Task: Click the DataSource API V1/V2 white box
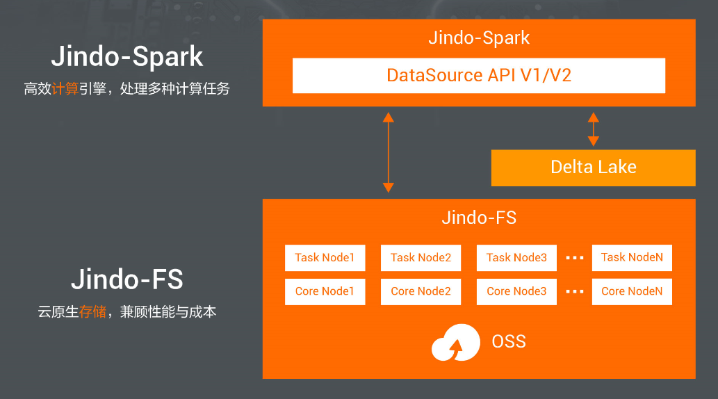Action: coord(479,75)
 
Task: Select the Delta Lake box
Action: coord(593,168)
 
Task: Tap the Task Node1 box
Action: coord(325,258)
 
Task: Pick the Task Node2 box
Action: coord(421,258)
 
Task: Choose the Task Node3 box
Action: coord(516,258)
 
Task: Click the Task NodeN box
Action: coord(632,258)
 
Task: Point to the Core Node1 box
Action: coord(325,291)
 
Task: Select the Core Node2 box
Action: coord(421,291)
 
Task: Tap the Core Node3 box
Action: coord(516,291)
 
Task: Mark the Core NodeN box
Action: coord(632,291)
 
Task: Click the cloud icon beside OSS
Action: coord(456,343)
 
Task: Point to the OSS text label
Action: coord(509,342)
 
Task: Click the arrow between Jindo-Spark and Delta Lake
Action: coord(593,129)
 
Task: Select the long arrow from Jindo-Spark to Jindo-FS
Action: coord(389,152)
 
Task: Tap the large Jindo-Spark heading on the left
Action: coord(127,56)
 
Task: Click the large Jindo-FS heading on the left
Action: coord(127,279)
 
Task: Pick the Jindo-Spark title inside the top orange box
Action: coord(479,38)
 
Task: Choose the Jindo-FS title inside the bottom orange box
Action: coord(479,218)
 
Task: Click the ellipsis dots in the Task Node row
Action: coord(575,258)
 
